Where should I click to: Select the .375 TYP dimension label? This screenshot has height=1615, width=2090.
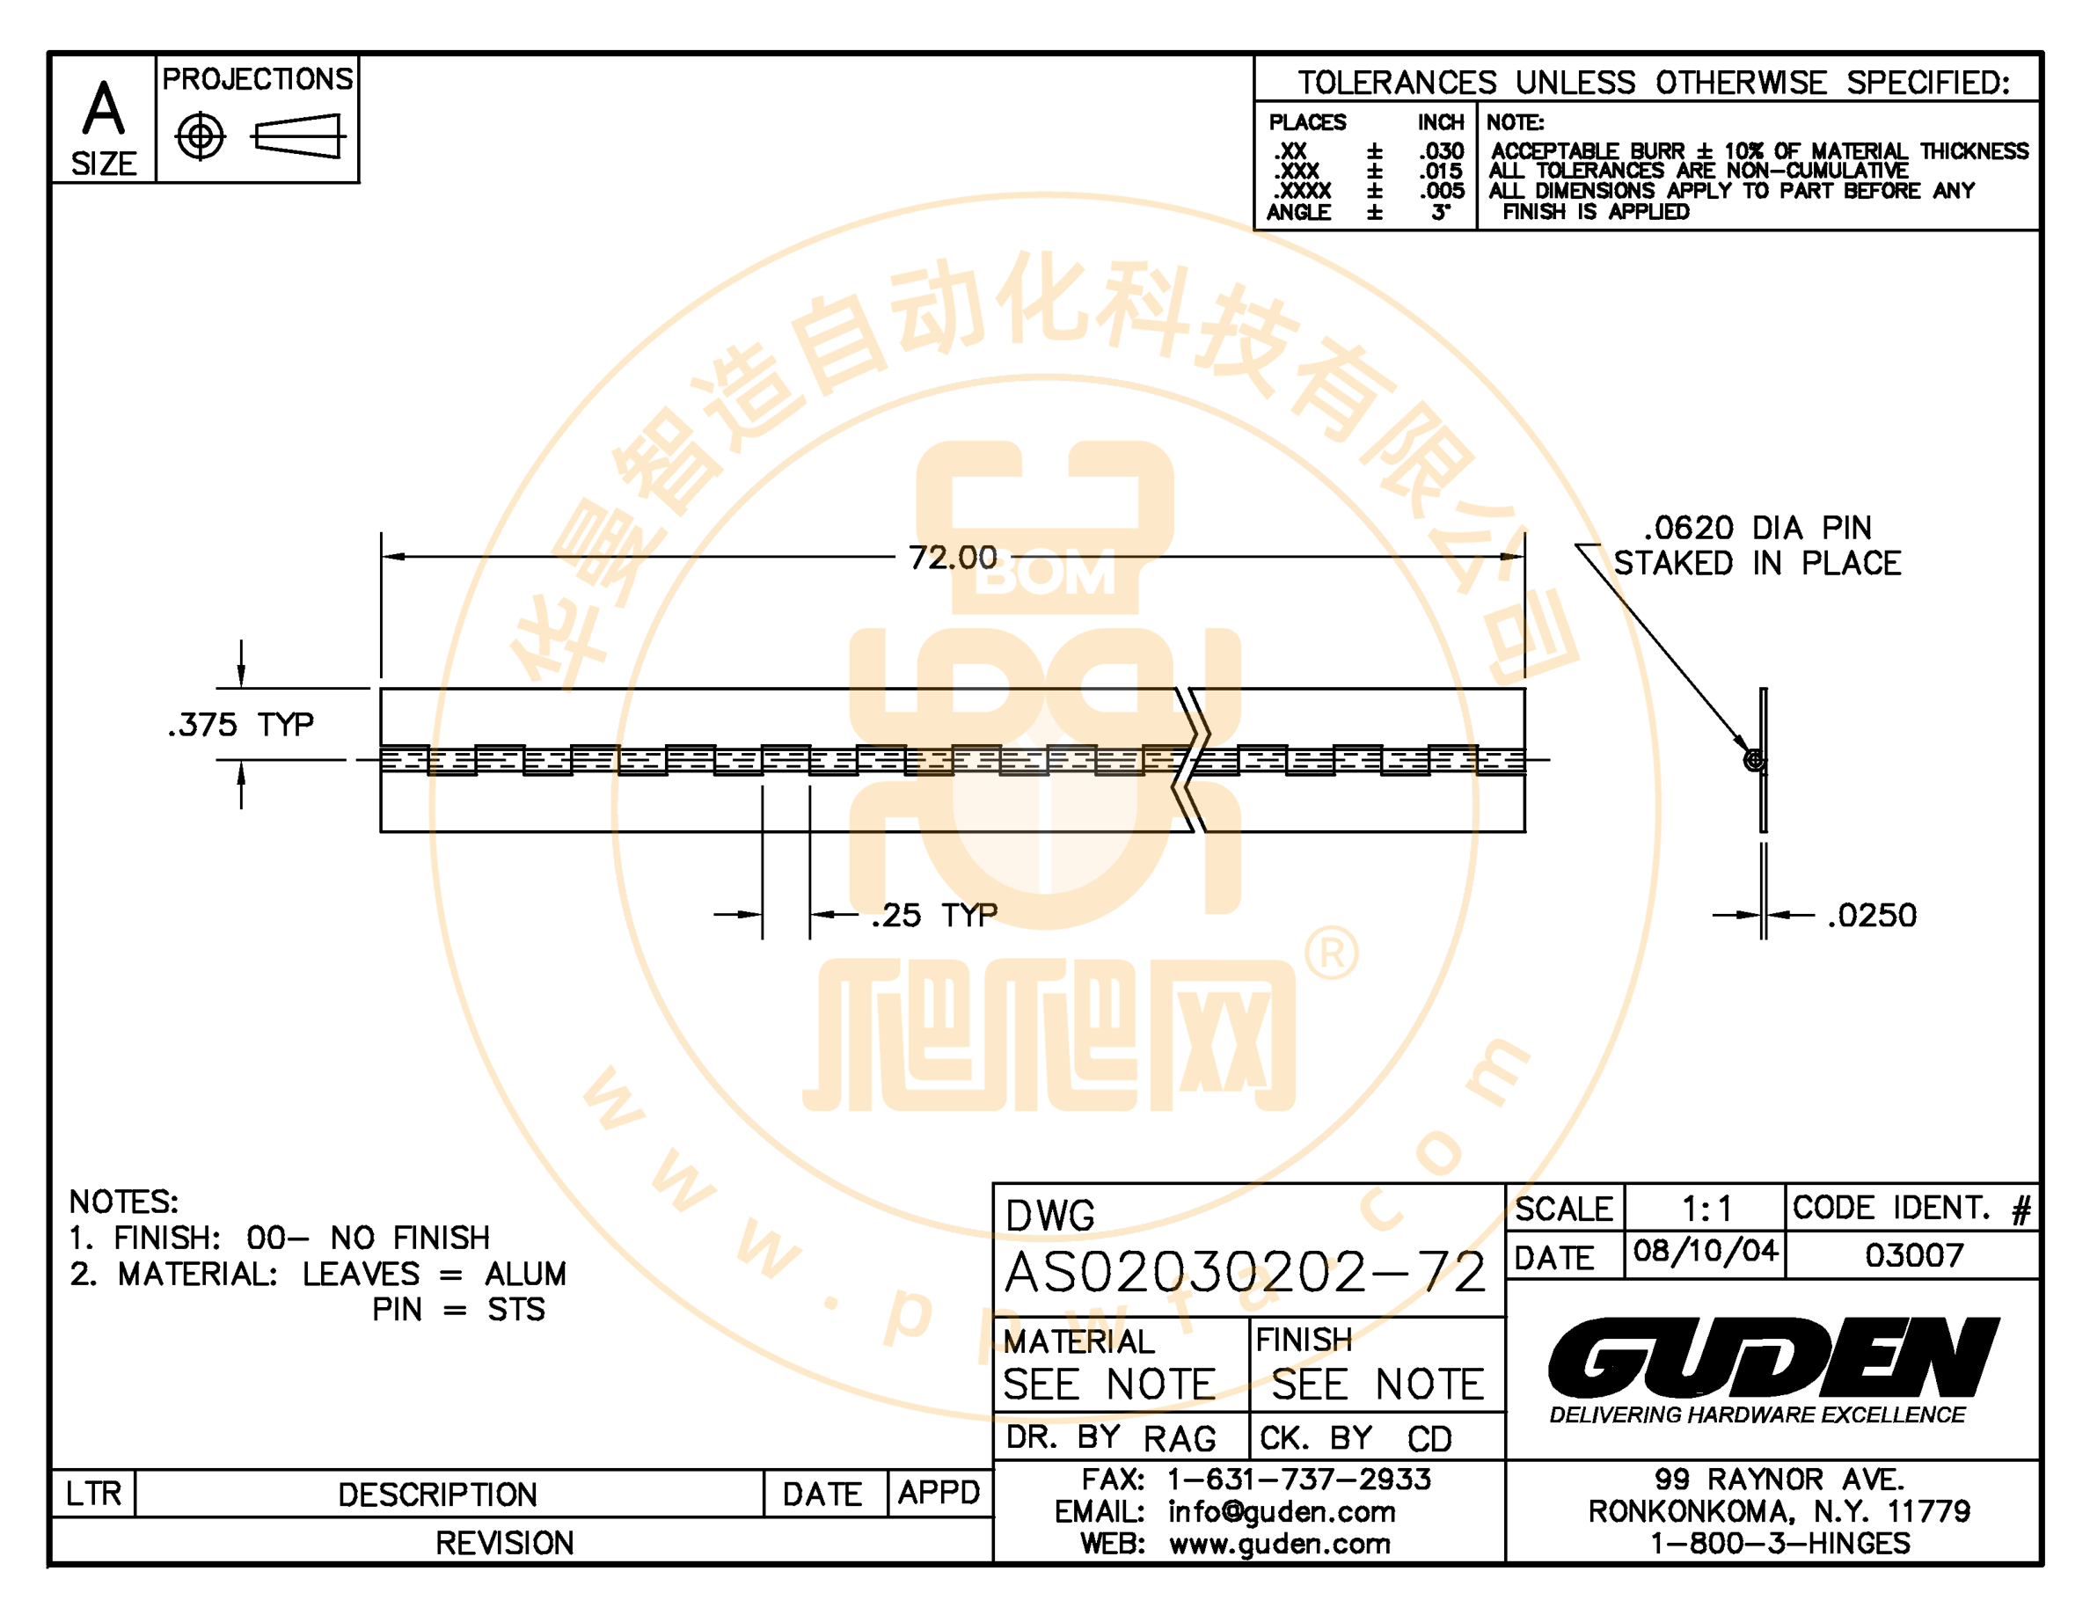(240, 724)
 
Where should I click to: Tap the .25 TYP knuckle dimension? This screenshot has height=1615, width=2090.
(934, 915)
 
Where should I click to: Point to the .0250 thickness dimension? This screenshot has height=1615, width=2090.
(1872, 915)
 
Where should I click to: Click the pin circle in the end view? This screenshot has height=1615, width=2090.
(1754, 761)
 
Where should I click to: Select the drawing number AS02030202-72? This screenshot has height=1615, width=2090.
(1246, 1273)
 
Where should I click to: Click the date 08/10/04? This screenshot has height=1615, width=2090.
(1706, 1251)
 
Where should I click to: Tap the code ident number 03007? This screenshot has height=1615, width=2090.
(1914, 1254)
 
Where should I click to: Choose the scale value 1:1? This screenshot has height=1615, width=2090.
(1707, 1209)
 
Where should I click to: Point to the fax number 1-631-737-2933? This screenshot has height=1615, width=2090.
(1298, 1480)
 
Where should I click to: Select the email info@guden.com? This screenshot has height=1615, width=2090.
(1282, 1512)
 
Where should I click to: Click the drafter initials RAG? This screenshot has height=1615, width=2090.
(1180, 1439)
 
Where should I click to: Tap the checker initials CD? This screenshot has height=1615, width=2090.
(1429, 1439)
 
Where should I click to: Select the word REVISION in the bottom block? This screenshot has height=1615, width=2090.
(504, 1543)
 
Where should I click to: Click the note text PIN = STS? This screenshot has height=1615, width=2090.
(458, 1309)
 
